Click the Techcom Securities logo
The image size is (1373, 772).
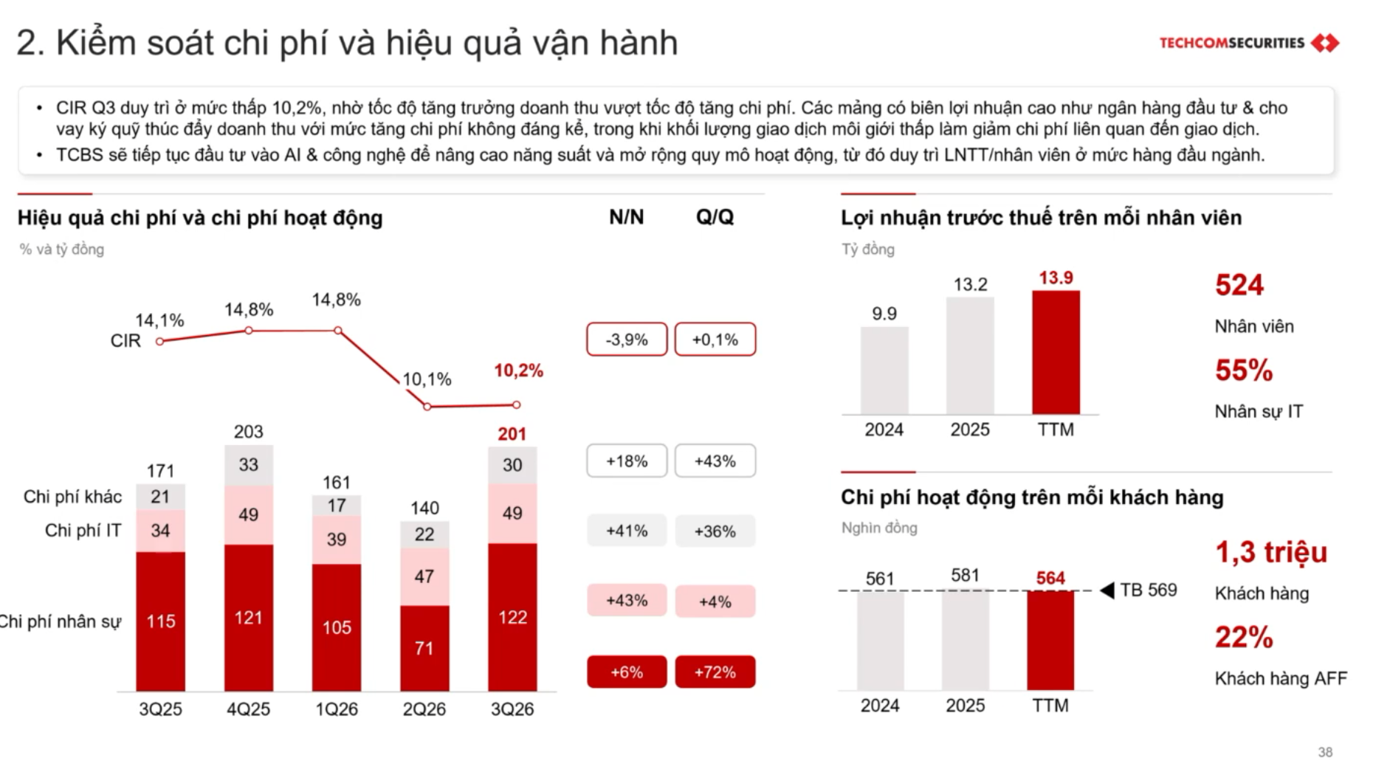[1249, 43]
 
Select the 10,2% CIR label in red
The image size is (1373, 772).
[518, 371]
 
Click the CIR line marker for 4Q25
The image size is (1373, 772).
[249, 331]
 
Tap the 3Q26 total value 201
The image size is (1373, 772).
[512, 434]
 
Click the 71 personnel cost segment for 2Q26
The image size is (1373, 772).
[424, 648]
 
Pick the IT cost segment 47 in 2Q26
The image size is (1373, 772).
[424, 576]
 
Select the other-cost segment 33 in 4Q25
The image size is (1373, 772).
[249, 465]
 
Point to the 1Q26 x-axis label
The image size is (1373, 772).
[337, 709]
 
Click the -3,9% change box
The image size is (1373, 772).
[627, 340]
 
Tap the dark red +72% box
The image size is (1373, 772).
[715, 672]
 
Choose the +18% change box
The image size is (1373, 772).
[627, 461]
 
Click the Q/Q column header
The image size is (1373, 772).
[715, 217]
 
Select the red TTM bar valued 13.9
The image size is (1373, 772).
[1056, 352]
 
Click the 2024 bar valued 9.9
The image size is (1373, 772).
[884, 371]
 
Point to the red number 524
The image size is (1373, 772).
[1239, 285]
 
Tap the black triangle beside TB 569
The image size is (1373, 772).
[1107, 590]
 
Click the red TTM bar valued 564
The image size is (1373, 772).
[1050, 641]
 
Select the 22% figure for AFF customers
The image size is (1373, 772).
[1244, 637]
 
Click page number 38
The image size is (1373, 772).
[1325, 752]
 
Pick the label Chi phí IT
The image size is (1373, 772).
[83, 531]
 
